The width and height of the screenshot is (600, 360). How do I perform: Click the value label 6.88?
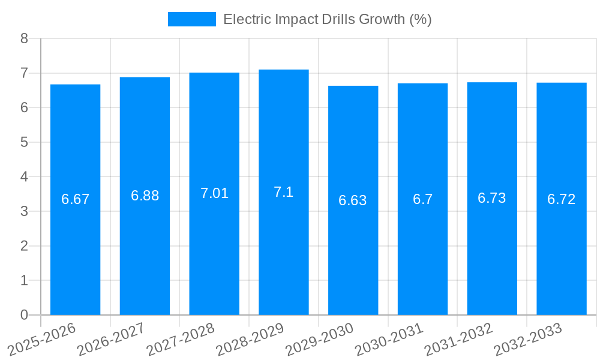[x=145, y=196]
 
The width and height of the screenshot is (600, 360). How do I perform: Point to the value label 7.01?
[x=214, y=193]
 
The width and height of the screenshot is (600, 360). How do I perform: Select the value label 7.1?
[x=284, y=192]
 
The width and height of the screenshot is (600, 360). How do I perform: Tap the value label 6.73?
[x=492, y=198]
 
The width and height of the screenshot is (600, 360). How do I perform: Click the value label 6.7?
[x=422, y=199]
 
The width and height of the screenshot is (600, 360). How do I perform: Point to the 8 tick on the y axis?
[x=24, y=38]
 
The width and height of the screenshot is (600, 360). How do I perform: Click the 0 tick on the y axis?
[x=24, y=315]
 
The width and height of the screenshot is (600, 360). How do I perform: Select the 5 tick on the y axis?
[x=24, y=142]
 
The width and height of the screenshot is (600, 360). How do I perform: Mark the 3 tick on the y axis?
[x=24, y=211]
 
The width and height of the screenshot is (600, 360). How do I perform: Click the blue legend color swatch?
[x=192, y=19]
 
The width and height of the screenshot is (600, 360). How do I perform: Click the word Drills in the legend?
[x=337, y=19]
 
